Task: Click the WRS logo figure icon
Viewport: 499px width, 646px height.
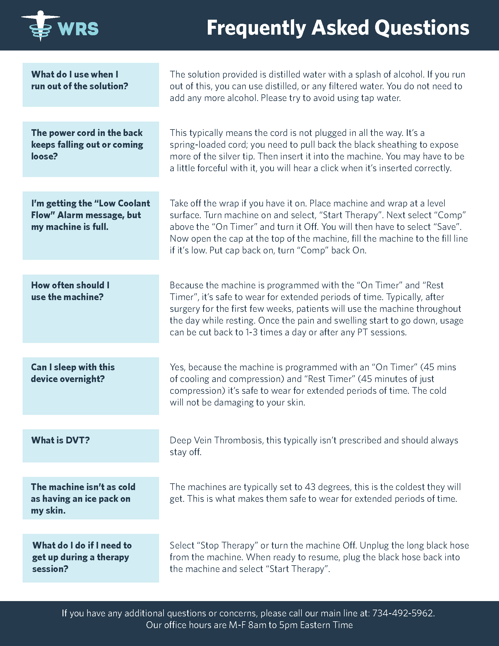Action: click(x=41, y=26)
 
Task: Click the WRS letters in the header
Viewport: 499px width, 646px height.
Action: click(x=78, y=29)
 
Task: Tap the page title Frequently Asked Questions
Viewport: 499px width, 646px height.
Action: click(x=338, y=28)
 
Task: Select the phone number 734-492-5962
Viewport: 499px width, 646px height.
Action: click(x=403, y=613)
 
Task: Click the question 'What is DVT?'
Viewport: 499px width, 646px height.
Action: click(x=60, y=440)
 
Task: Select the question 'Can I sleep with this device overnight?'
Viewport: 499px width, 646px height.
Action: click(x=73, y=373)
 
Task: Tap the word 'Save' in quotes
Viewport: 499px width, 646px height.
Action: click(x=446, y=227)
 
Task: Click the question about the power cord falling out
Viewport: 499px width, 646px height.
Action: click(x=87, y=145)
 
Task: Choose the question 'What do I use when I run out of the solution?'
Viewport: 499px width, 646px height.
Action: click(x=80, y=80)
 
